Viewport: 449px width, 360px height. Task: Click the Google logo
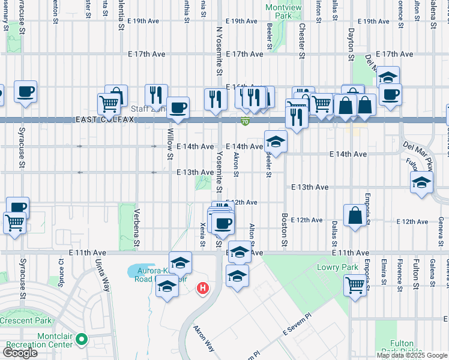[20, 353]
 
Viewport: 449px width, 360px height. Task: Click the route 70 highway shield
[245, 122]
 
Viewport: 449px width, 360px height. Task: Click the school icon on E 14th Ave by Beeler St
[276, 142]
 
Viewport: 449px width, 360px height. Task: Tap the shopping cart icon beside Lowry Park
[356, 285]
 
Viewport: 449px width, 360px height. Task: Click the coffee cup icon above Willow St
[178, 108]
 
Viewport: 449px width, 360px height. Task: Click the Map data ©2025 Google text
[412, 355]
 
